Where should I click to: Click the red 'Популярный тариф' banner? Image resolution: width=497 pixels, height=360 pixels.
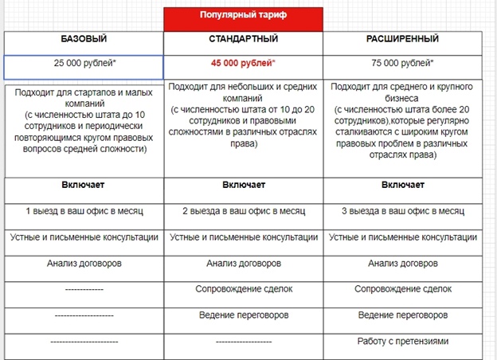(243, 15)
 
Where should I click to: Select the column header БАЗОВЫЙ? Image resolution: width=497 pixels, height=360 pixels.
(84, 38)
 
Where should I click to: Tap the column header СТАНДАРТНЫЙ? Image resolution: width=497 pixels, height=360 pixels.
(242, 38)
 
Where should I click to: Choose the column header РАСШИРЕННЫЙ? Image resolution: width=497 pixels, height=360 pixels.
(401, 38)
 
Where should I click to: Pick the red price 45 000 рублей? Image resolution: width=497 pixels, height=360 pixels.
(242, 61)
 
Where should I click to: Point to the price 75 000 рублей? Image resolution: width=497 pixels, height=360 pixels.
(401, 61)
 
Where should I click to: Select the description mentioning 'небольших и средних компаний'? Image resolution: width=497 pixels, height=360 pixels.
(242, 115)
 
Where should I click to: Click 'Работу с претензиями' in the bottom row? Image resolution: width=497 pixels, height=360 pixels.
(401, 342)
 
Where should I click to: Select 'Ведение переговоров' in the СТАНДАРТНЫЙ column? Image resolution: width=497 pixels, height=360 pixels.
(242, 315)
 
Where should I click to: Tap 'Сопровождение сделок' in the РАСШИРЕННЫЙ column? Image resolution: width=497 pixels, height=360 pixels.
(401, 289)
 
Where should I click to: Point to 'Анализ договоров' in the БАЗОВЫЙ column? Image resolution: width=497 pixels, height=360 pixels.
(84, 264)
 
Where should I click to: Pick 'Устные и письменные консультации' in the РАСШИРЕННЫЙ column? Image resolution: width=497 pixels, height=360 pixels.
(401, 237)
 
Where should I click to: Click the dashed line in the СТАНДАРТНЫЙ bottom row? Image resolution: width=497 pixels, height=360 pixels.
(242, 342)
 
